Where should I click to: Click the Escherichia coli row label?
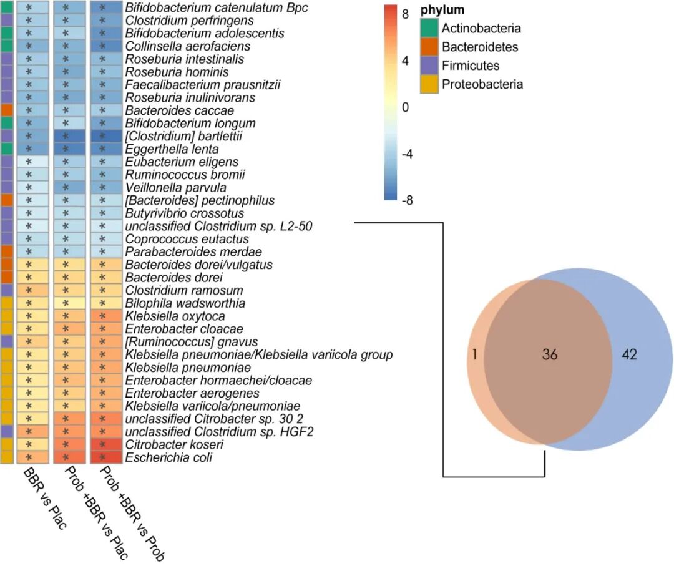click(x=168, y=458)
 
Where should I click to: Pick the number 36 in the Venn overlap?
click(x=549, y=354)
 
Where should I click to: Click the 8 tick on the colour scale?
click(x=406, y=12)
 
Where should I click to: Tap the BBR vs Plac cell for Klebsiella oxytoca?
click(x=28, y=316)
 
